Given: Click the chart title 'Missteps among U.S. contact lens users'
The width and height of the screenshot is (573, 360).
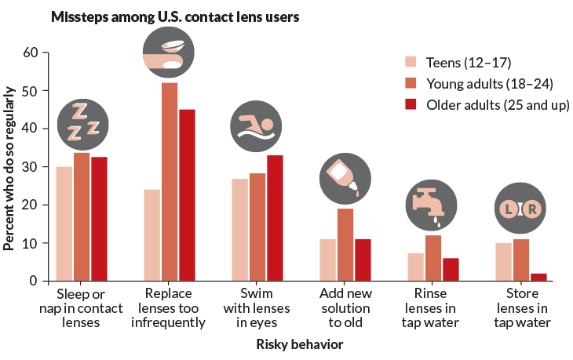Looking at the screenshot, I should coord(174,16).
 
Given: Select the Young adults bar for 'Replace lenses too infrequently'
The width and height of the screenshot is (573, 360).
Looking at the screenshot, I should coord(170,181).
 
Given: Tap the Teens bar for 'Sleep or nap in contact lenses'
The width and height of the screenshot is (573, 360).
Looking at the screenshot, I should coord(64,223).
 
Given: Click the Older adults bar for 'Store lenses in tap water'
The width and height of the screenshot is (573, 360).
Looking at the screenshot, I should coord(538,276).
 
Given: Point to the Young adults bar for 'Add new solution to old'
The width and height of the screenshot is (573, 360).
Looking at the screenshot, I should coord(345,244).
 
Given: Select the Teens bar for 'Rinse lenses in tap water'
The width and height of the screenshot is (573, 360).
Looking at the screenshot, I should coord(416,266).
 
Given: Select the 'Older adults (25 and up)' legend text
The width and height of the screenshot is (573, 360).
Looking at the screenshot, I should coord(491,104).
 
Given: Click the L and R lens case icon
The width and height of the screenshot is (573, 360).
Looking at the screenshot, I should coord(520,209).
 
